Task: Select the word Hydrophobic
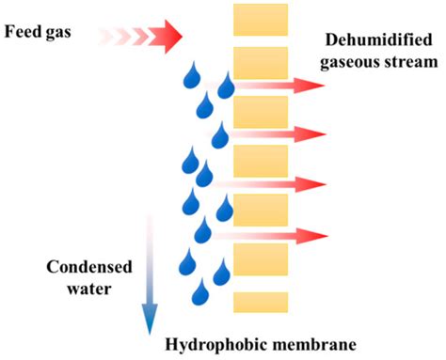[215, 343]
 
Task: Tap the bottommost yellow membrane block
[253, 302]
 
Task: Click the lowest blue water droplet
[200, 294]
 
